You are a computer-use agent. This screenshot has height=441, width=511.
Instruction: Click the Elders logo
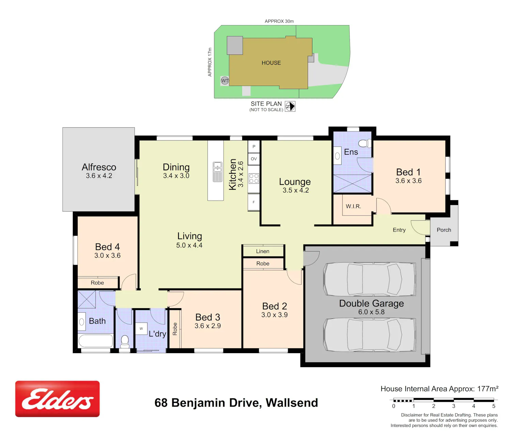[57, 399]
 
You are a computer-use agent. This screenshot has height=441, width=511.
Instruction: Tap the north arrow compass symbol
[290, 107]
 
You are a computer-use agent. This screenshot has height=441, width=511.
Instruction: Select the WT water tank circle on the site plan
[225, 81]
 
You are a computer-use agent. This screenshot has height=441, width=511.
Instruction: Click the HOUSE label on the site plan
[271, 63]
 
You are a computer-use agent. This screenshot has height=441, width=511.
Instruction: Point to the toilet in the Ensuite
[365, 143]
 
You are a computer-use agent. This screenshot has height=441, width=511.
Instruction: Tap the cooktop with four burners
[254, 178]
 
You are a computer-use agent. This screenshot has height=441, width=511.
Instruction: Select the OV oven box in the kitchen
[254, 159]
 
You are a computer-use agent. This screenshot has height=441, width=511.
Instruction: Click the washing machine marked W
[141, 329]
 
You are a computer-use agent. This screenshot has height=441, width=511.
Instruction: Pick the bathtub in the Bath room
[96, 341]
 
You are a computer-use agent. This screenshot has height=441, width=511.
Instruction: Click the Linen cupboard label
[263, 251]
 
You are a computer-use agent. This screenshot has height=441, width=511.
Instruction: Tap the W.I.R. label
[353, 206]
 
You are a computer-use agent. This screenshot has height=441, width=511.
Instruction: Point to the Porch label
[444, 230]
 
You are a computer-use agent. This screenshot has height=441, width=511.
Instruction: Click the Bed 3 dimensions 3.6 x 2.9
[208, 326]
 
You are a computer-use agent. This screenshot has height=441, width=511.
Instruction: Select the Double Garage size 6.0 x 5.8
[371, 312]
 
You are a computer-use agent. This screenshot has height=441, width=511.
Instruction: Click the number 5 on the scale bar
[494, 406]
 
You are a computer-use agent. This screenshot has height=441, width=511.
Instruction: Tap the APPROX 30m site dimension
[279, 21]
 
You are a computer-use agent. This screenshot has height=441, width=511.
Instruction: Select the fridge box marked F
[254, 202]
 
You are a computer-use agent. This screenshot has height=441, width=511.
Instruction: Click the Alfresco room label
[99, 167]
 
